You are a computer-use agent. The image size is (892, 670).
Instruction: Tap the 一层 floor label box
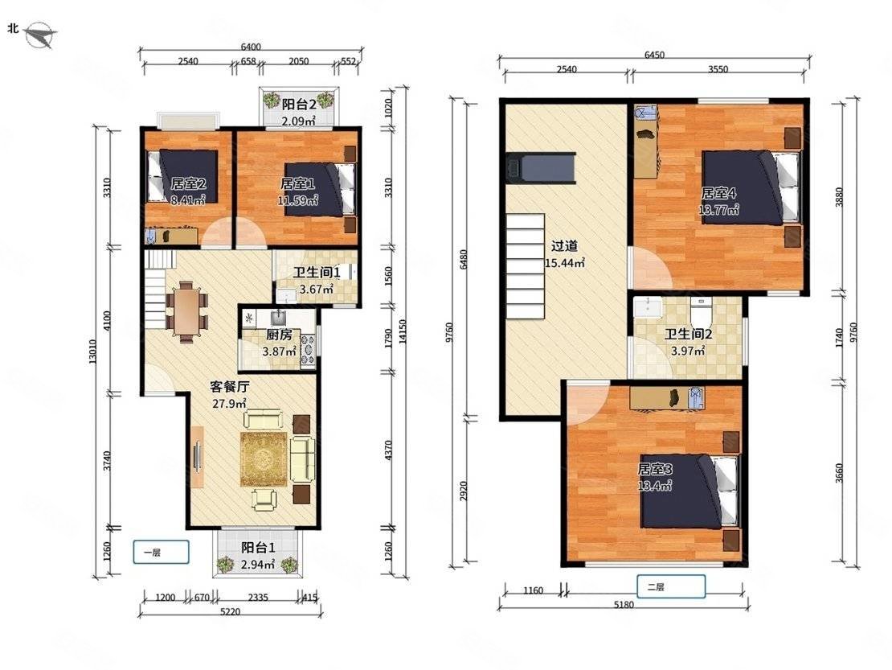click(x=161, y=552)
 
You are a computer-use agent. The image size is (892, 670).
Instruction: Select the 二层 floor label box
click(x=671, y=586)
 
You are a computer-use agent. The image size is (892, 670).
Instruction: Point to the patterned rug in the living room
click(x=264, y=459)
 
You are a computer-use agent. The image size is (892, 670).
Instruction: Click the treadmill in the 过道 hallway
click(x=541, y=168)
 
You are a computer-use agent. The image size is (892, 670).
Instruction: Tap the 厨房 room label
click(x=279, y=335)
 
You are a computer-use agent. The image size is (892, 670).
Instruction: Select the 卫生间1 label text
click(x=317, y=273)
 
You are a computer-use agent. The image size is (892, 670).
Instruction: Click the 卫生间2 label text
click(x=689, y=334)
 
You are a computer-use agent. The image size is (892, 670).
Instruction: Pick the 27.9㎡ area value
click(x=229, y=404)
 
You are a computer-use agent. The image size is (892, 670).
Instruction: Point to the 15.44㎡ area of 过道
click(x=564, y=263)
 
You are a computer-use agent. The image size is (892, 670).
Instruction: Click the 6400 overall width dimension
click(x=251, y=47)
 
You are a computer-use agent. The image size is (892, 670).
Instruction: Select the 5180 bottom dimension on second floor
click(x=624, y=605)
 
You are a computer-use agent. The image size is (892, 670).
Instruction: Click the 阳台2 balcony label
click(x=299, y=105)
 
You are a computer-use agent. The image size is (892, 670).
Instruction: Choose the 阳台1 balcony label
click(x=258, y=548)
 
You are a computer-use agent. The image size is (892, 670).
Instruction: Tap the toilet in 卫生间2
click(x=698, y=310)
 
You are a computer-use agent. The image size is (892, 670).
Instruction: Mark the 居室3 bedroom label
click(x=655, y=469)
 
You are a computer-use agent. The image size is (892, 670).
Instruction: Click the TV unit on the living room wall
click(x=198, y=457)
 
